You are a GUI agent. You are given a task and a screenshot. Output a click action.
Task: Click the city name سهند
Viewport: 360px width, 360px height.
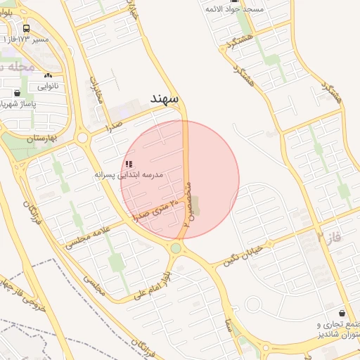[167, 97]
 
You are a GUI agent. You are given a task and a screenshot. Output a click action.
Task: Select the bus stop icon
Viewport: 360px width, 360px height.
[26, 29]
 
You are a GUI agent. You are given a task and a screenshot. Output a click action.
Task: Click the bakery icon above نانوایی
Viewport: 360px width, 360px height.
[48, 75]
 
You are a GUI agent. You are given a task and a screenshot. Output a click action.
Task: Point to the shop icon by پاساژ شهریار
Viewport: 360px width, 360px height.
[17, 92]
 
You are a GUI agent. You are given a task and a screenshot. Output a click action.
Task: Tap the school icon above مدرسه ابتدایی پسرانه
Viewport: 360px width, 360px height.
[128, 164]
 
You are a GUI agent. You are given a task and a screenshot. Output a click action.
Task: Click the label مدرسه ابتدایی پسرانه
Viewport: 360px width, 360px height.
[129, 174]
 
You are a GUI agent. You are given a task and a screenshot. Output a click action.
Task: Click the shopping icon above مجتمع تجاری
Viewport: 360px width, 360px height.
[342, 313]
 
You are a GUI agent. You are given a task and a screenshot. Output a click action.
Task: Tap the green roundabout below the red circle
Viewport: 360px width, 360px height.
[176, 247]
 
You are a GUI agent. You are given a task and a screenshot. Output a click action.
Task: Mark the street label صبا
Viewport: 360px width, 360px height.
[229, 325]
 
